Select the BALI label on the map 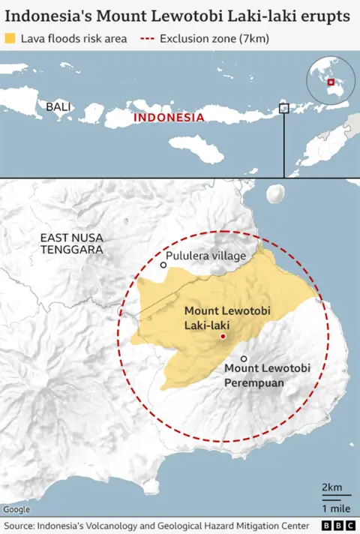[58, 106]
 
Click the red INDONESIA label [168, 118]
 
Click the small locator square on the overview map [283, 108]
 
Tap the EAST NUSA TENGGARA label [72, 243]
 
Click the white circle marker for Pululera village [163, 265]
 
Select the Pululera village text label [206, 256]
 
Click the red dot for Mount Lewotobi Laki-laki [223, 337]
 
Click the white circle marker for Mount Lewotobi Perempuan [244, 358]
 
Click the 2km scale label [331, 487]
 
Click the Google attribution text [16, 509]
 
